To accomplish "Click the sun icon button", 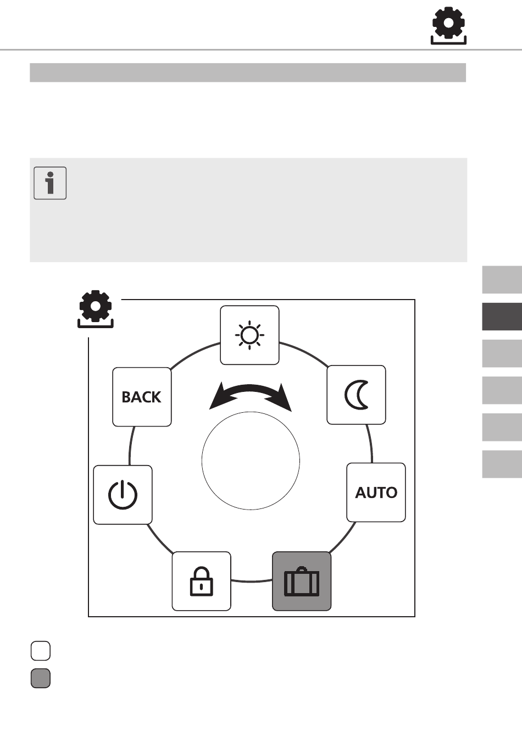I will (249, 335).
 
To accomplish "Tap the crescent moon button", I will (356, 395).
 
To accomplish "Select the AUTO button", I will (376, 492).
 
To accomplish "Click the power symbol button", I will (123, 495).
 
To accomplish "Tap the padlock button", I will (201, 582).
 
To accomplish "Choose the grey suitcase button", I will (302, 582).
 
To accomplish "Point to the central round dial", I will (251, 461).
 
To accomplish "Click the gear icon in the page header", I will (448, 26).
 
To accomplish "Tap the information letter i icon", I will (50, 183).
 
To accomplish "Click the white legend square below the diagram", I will (41, 651).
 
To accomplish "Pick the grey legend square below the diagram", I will (41, 678).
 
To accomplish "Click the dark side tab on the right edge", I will (502, 317).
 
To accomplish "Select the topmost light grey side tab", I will (502, 280).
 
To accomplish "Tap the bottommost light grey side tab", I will (502, 464).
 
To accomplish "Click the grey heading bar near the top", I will (248, 73).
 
